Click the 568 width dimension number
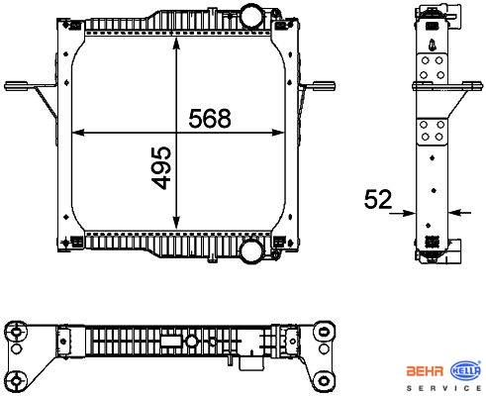[210, 118]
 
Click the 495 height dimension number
[161, 167]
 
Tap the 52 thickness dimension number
[378, 199]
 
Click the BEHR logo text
[425, 371]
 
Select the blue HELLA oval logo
[466, 370]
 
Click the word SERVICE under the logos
[443, 388]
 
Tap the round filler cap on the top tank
[250, 15]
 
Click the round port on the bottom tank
[252, 250]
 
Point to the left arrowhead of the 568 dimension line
[78, 133]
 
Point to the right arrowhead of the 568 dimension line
[277, 133]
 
